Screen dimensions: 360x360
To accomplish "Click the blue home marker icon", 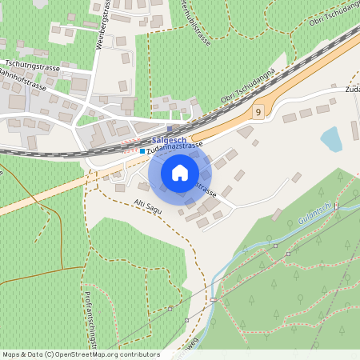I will (179, 172).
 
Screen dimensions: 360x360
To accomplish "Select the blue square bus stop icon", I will (142, 150).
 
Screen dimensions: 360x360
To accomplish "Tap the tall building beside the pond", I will (354, 131).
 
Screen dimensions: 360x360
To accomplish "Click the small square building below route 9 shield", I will (255, 142).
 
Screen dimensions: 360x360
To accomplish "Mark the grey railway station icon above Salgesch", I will (170, 128).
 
